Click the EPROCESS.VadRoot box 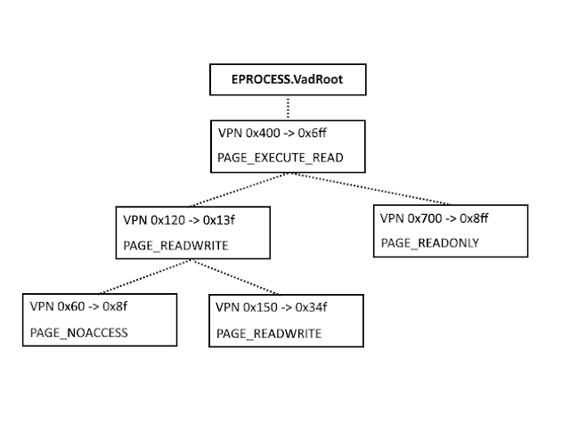pyautogui.click(x=287, y=80)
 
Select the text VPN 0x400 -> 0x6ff pyautogui.click(x=270, y=132)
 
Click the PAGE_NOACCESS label pyautogui.click(x=79, y=332)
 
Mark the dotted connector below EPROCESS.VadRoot pyautogui.click(x=287, y=107)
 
